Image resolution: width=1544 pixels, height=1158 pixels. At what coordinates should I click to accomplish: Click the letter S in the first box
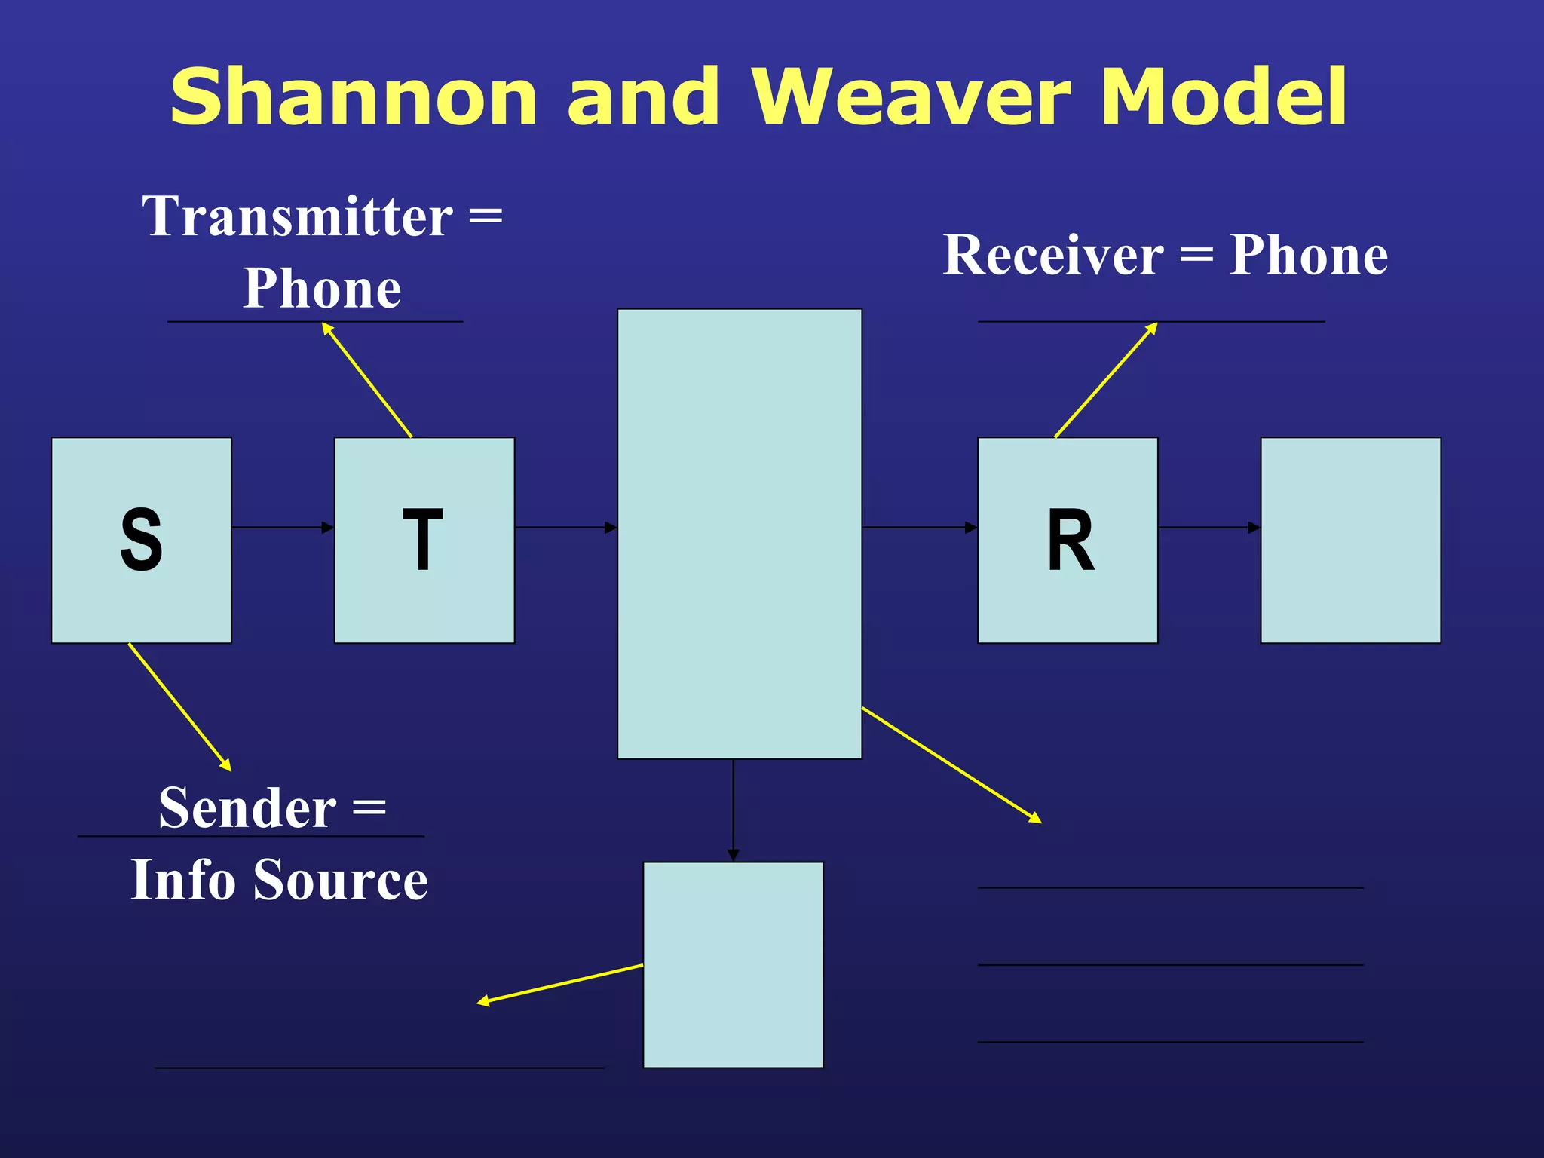[x=141, y=539]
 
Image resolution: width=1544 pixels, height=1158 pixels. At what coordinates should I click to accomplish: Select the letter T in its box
[x=423, y=539]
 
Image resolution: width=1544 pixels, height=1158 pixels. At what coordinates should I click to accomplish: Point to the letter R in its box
[x=1071, y=539]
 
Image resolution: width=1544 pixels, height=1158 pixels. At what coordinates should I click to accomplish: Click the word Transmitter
[x=298, y=216]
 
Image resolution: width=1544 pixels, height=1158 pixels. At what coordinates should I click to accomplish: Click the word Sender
[x=247, y=808]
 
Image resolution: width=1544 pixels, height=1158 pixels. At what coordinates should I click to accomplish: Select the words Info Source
[x=280, y=880]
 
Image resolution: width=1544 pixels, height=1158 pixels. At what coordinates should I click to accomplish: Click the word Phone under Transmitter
[x=322, y=289]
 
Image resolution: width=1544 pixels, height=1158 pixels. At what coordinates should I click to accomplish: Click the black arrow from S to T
[x=283, y=528]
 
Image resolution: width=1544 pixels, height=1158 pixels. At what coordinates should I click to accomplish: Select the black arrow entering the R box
[x=920, y=528]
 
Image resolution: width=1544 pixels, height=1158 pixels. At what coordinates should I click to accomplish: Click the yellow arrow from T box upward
[x=367, y=380]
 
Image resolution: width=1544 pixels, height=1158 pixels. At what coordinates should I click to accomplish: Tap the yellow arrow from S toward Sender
[x=179, y=706]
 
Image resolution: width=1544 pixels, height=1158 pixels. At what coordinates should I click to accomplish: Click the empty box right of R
[x=1350, y=540]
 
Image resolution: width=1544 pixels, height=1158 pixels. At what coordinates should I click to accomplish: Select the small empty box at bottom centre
[x=733, y=964]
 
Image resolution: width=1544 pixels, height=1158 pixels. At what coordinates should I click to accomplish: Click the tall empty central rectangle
[x=740, y=534]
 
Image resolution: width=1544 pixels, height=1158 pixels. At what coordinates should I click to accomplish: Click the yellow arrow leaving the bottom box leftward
[x=560, y=983]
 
